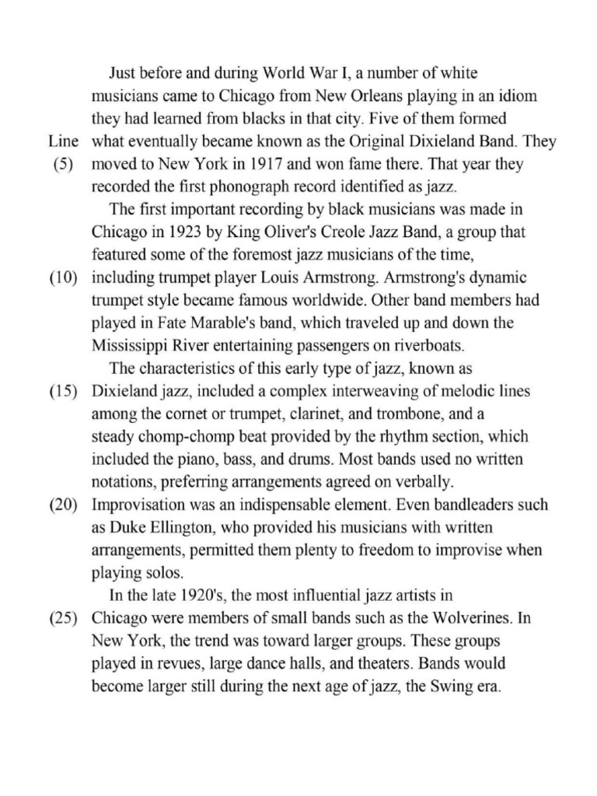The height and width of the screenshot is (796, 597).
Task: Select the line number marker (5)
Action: click(63, 166)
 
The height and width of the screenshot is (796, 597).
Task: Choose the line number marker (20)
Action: click(63, 504)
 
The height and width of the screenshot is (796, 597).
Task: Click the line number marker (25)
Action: click(63, 619)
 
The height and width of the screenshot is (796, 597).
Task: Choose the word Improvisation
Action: click(137, 504)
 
